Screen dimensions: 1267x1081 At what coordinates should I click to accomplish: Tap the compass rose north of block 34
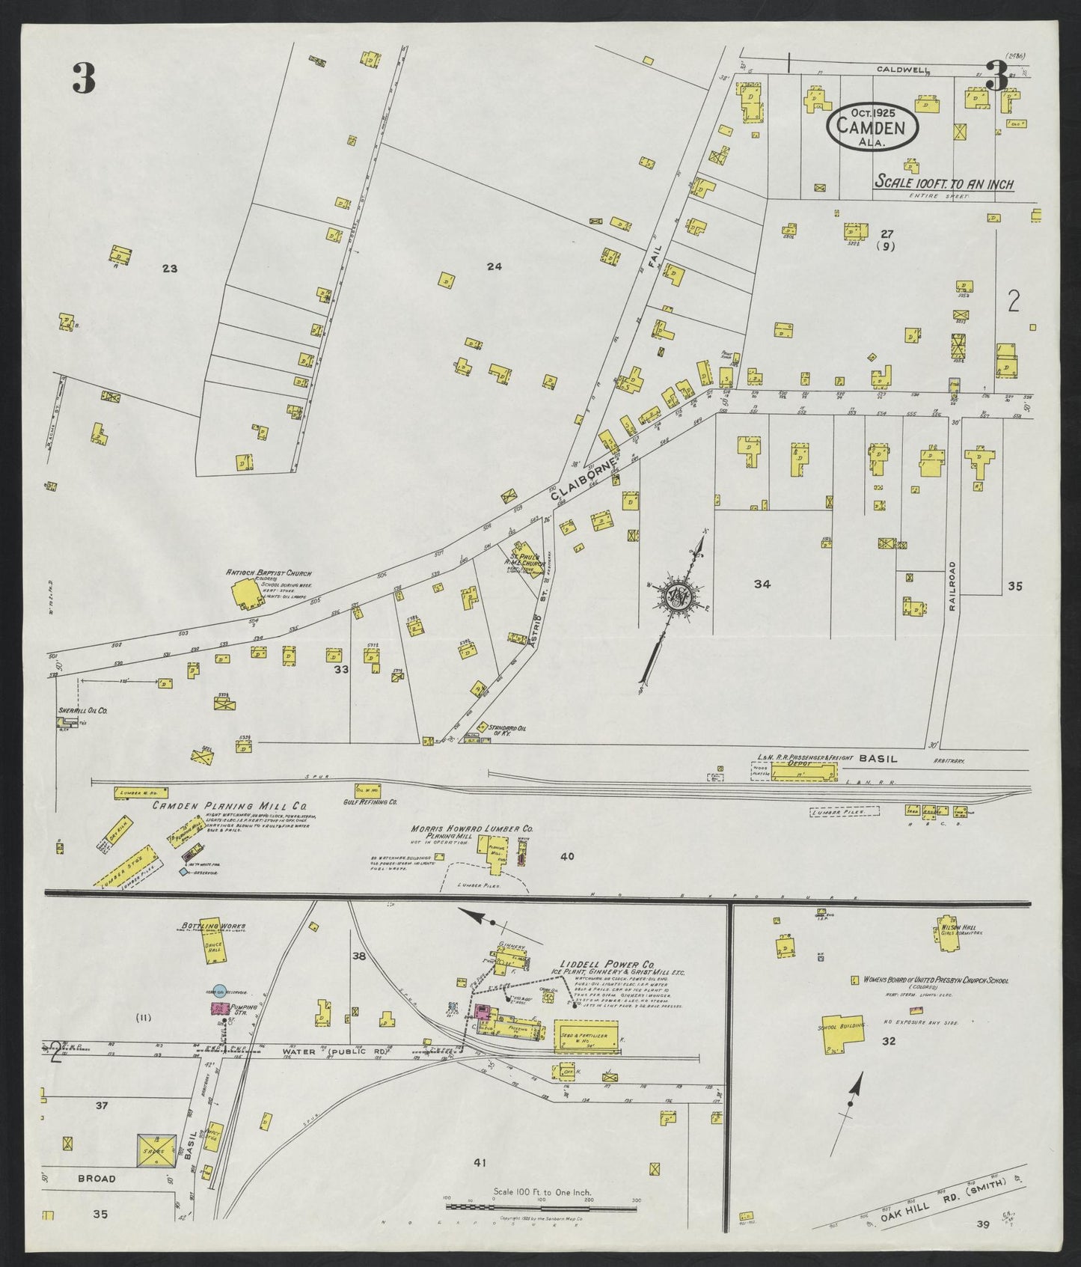coord(679,595)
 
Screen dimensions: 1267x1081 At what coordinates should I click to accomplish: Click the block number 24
coord(493,266)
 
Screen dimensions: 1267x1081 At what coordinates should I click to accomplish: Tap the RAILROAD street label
coord(952,587)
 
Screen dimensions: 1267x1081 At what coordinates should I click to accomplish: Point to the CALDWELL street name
coord(904,70)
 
